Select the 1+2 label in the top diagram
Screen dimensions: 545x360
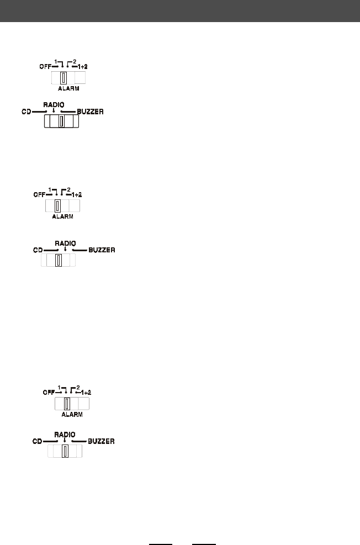(x=82, y=66)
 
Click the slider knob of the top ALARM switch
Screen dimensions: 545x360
(x=63, y=78)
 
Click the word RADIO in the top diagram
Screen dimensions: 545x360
(x=53, y=104)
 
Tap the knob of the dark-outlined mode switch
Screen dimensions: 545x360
(x=61, y=121)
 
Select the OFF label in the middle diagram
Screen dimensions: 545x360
(x=39, y=195)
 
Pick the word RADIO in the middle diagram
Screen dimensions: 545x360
(x=65, y=242)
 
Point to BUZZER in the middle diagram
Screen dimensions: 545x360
(x=102, y=250)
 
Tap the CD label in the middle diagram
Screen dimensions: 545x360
(x=38, y=250)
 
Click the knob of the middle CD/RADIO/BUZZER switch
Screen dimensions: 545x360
(x=57, y=260)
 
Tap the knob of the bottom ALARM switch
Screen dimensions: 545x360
(x=67, y=403)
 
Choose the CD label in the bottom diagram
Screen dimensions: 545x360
(x=37, y=441)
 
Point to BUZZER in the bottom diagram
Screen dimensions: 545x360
(x=101, y=441)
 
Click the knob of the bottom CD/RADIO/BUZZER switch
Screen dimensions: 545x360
(x=65, y=452)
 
